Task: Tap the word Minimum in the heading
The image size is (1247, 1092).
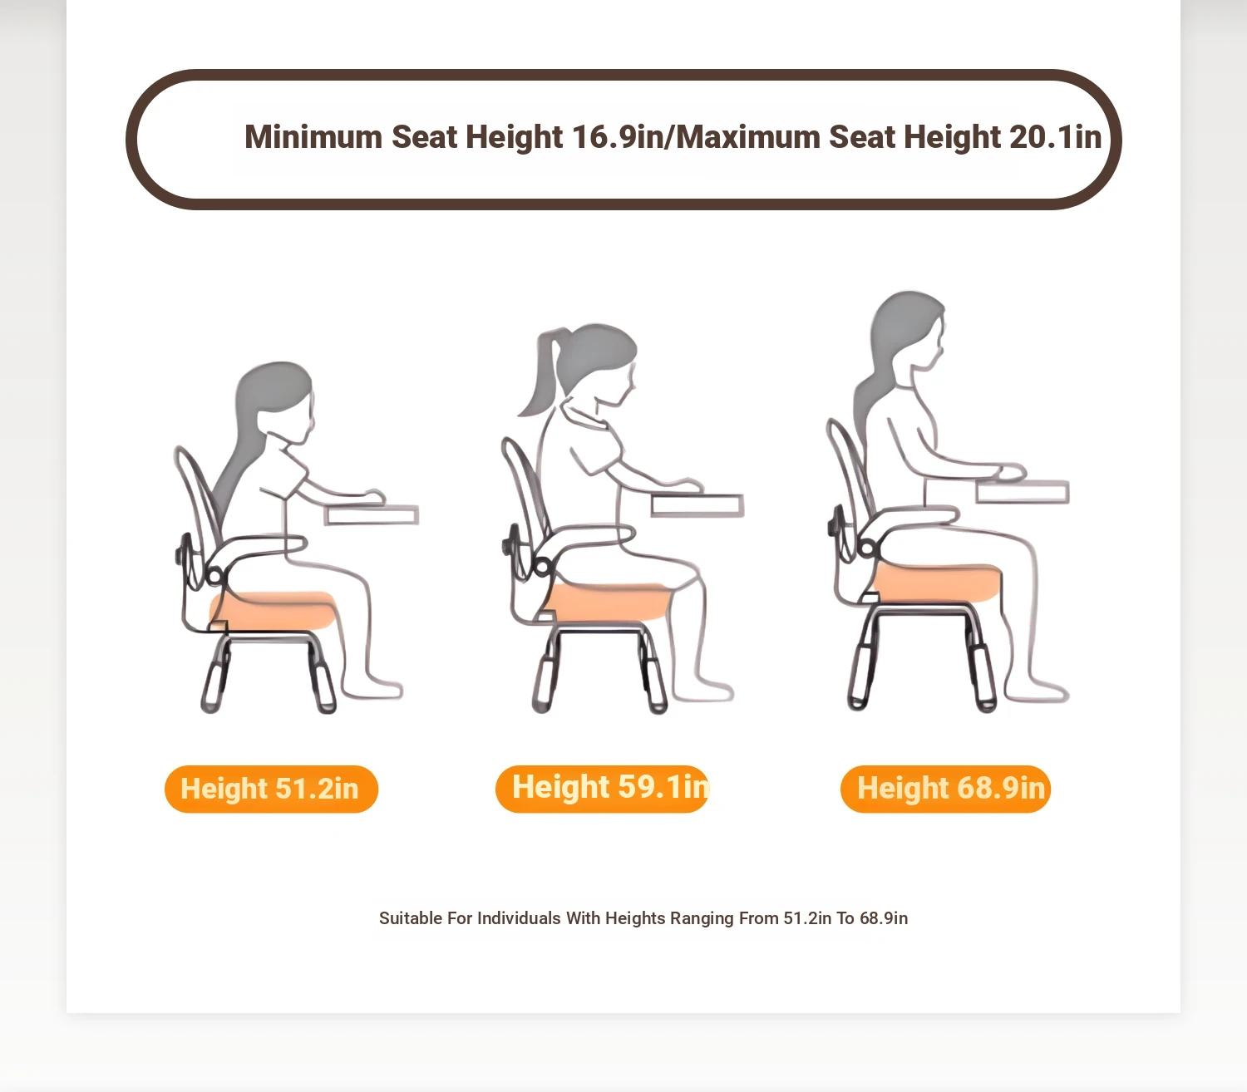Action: tap(313, 136)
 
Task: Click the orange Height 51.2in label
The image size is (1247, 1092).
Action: tap(272, 789)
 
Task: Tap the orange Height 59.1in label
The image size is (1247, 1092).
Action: tap(602, 789)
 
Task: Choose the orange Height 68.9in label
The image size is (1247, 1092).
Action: tap(945, 789)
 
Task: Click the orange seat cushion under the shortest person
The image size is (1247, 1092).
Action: tap(274, 610)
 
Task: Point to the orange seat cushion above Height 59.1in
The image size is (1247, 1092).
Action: tap(606, 602)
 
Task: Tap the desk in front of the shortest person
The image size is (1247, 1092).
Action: tap(372, 515)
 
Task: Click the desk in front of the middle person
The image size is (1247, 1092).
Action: tap(697, 505)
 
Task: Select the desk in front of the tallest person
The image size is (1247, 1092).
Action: tap(1023, 492)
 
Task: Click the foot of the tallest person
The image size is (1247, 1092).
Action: tap(1038, 689)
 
